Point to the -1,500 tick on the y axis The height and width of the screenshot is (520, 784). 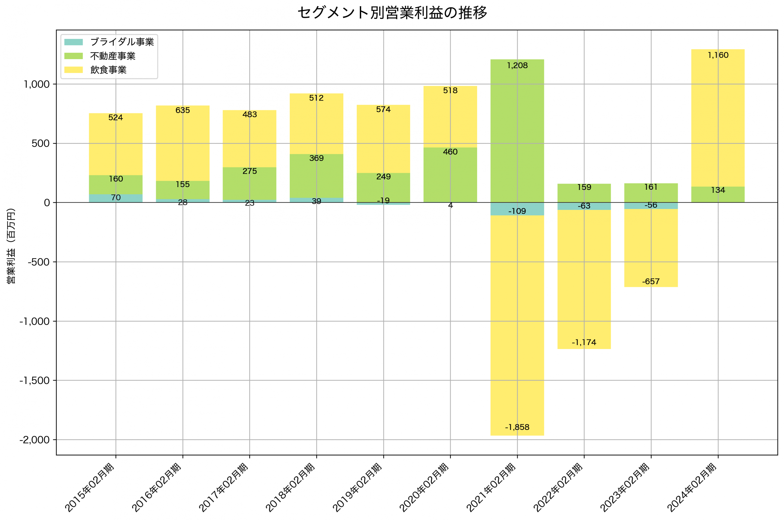click(34, 380)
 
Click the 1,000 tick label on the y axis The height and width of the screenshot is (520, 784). click(36, 84)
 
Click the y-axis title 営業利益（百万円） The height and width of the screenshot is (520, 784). click(11, 246)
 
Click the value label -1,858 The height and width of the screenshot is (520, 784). click(517, 427)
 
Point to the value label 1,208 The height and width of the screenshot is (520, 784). click(517, 66)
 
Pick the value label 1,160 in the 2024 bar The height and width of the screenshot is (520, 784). click(718, 55)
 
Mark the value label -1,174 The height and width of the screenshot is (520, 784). click(584, 342)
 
